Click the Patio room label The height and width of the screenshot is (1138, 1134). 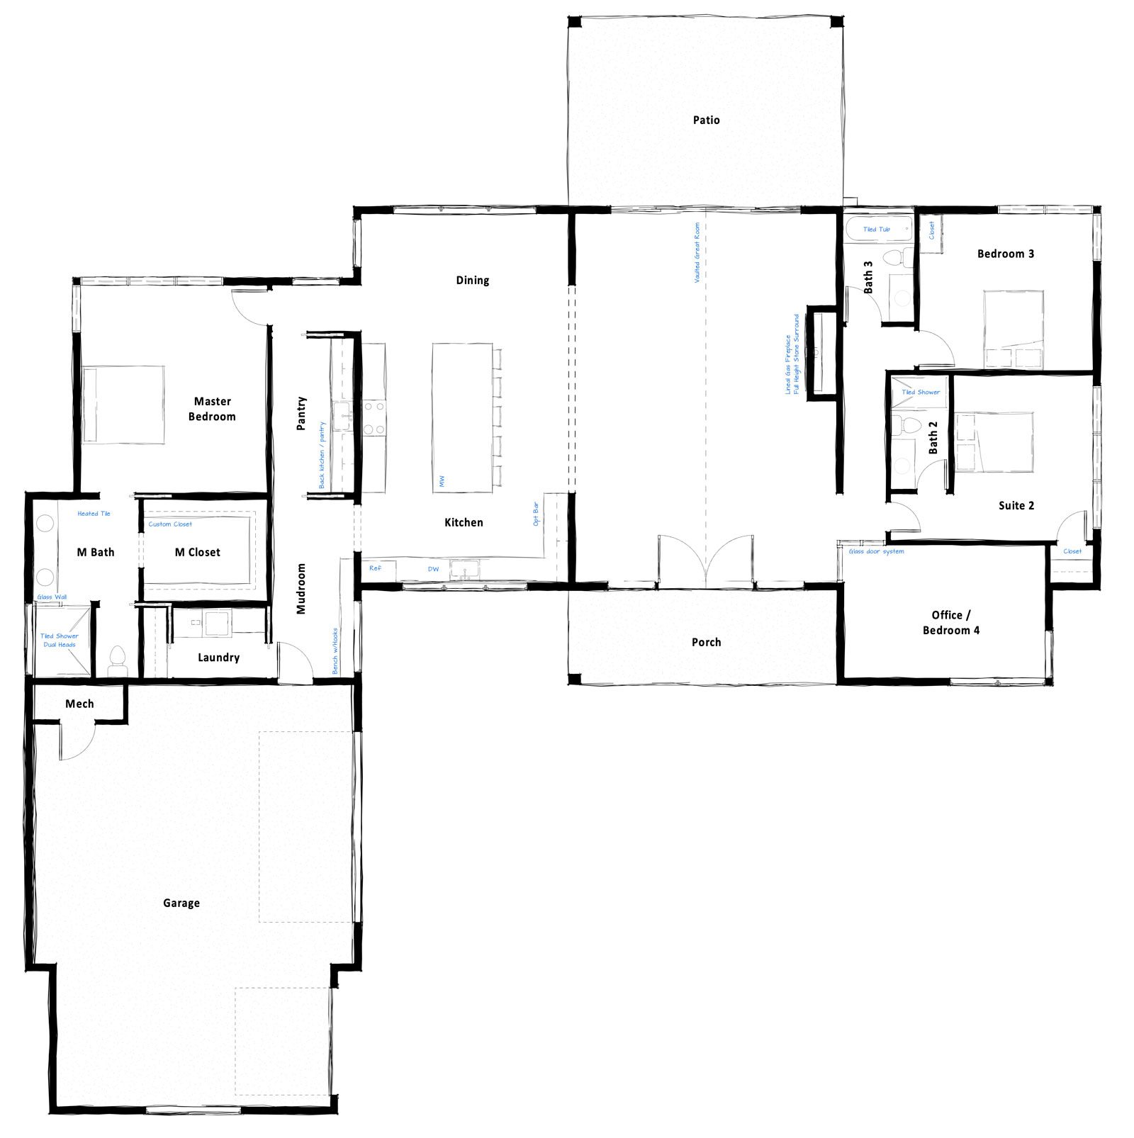pos(706,120)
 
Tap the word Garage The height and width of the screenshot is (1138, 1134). pos(181,903)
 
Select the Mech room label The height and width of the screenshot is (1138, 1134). pos(79,704)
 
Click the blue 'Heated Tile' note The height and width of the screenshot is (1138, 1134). pos(94,514)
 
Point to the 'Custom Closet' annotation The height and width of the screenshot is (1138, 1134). pos(170,524)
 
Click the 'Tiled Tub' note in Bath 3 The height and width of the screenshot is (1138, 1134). pos(876,230)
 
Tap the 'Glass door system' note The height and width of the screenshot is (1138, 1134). pos(876,551)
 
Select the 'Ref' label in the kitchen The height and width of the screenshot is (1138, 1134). pos(375,568)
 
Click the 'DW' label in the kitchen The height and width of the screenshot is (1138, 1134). pos(433,569)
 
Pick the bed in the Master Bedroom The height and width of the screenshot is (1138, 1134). pos(124,405)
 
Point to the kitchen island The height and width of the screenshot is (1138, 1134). pos(462,417)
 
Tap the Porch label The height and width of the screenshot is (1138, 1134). pos(706,642)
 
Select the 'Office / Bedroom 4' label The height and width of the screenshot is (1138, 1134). pos(950,623)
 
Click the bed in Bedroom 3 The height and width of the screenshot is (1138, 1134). pos(1014,328)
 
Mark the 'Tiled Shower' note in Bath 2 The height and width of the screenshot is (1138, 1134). pos(920,392)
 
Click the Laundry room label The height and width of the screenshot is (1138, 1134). pos(218,658)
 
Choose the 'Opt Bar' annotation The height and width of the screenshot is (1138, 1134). pos(536,514)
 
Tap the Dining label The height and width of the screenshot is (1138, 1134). pos(472,281)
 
